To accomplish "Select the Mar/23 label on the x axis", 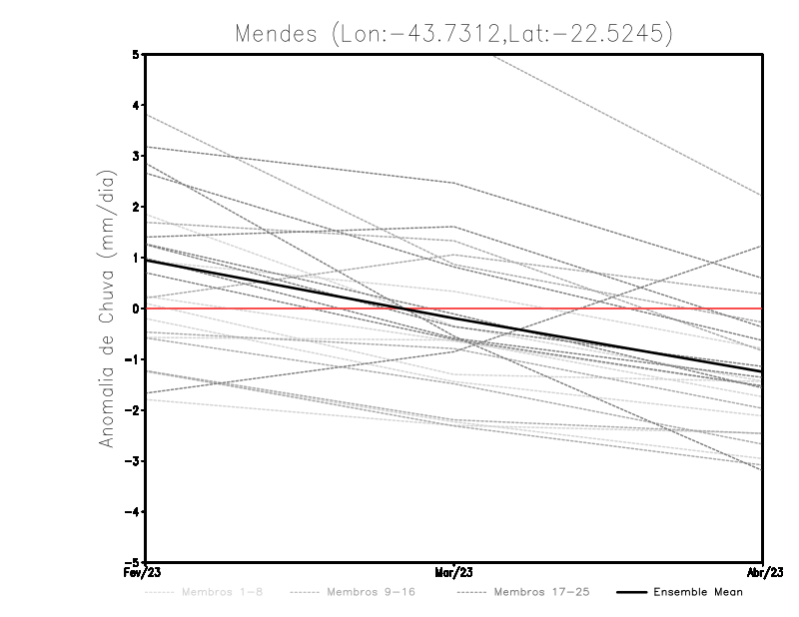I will click(x=454, y=573).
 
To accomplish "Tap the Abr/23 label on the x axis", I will click(x=763, y=573).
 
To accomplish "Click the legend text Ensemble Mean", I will click(x=698, y=592).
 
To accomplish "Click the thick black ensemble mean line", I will click(x=300, y=288).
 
